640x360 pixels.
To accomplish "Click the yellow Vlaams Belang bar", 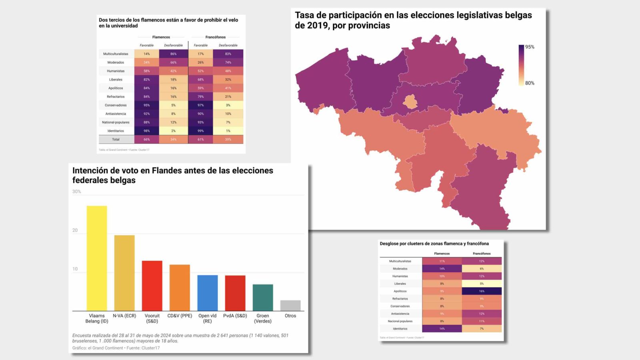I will tap(97, 258).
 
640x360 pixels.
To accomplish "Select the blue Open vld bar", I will tap(207, 293).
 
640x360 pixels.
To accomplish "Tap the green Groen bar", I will tap(263, 297).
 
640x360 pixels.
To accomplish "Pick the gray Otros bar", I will tap(290, 305).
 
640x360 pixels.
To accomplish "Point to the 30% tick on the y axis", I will tap(76, 192).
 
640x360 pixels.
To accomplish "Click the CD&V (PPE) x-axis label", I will tap(180, 316).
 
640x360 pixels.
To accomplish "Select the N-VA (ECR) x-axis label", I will tap(124, 316).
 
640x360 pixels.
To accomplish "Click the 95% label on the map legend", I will tap(530, 47).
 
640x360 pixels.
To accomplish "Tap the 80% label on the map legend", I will tap(530, 83).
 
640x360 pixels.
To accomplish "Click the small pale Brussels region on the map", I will tap(410, 102).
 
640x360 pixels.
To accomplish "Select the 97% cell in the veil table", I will tap(200, 105).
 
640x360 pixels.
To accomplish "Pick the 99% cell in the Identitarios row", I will tap(200, 131).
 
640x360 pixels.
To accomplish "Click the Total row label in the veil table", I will tap(116, 139).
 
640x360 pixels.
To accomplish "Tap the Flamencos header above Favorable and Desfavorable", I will tap(161, 37).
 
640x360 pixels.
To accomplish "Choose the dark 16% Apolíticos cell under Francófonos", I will tap(482, 291).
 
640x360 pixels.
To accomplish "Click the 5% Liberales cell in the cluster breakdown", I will tap(482, 284).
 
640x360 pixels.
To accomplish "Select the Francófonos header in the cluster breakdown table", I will tap(482, 254).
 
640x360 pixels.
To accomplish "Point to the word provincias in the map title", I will tap(369, 26).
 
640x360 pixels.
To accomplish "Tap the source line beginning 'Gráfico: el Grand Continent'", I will tap(116, 348).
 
